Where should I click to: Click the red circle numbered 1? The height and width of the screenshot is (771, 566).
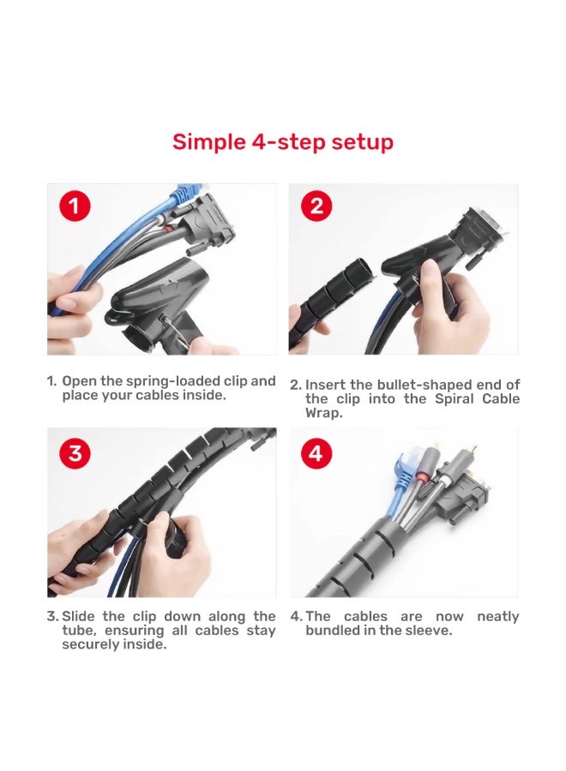tap(75, 206)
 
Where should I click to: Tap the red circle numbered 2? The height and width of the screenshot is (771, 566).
tap(316, 206)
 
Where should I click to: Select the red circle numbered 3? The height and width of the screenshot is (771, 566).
tap(75, 452)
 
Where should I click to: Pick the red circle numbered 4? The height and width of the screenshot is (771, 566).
tap(316, 452)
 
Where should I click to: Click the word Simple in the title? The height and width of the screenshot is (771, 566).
tap(209, 142)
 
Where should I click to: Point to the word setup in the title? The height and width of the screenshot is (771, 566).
tap(362, 142)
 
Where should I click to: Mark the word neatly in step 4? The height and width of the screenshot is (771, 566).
tap(497, 617)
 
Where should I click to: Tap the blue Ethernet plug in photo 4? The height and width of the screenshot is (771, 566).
tap(406, 465)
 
